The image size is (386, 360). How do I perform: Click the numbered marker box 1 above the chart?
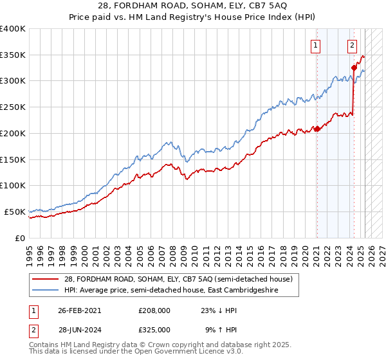coord(316,45)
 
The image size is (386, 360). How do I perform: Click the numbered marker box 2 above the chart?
coord(353,45)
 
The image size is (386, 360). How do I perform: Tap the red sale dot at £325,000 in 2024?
coord(354,67)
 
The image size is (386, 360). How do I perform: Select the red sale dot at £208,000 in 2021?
coord(317,129)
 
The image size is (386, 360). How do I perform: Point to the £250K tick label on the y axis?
coord(13,107)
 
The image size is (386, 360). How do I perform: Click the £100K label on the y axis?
coord(13,186)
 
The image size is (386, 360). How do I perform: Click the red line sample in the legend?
coord(46,279)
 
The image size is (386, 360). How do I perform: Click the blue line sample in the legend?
coord(46,290)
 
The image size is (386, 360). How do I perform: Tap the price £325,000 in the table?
coord(154,329)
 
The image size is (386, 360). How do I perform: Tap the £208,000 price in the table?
coord(154,310)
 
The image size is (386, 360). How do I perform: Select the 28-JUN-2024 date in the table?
coord(80,329)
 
